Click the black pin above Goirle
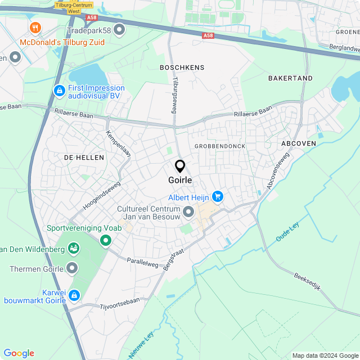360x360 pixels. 180,166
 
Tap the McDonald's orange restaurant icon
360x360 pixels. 35,28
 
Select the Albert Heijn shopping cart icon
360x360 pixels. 218,196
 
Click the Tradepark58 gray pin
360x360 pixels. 119,29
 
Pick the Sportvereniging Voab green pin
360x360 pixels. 105,241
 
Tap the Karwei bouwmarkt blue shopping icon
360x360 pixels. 74,295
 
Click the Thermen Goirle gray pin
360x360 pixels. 72,268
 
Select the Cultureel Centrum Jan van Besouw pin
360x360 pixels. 188,211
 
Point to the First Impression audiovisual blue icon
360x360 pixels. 59,90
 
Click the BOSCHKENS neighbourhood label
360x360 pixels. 182,67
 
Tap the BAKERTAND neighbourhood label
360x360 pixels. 290,78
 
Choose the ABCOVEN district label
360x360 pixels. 299,143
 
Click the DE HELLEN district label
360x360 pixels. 84,157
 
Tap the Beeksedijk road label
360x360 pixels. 307,281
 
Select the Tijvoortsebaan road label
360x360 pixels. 119,301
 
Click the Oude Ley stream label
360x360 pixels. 287,232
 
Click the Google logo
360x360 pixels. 19,353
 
